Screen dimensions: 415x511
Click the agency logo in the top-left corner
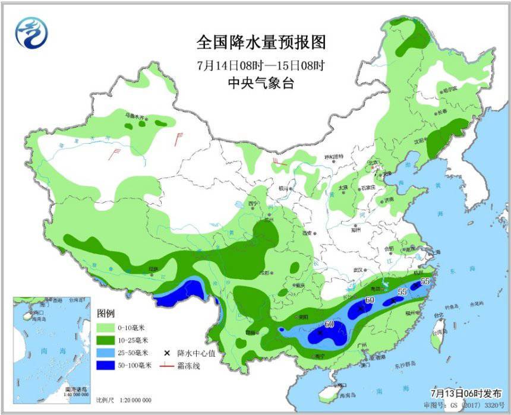(30, 33)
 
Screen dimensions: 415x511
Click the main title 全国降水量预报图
(261, 43)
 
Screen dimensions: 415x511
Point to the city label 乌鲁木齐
(134, 116)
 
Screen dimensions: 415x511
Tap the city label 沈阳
(419, 141)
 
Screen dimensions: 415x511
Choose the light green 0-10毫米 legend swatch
(108, 327)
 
